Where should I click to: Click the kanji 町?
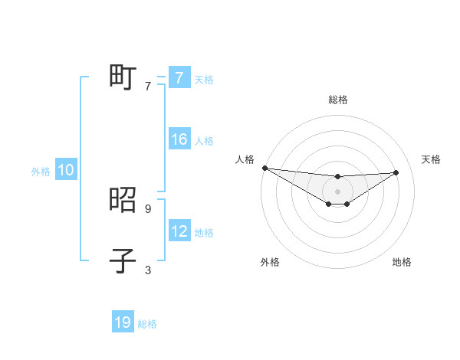tap(123, 77)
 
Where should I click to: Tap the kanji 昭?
tap(123, 200)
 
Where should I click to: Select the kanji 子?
tap(123, 260)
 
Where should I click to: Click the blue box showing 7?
tap(179, 78)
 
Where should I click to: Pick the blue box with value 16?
tap(179, 139)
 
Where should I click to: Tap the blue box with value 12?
tap(179, 231)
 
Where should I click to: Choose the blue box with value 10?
tap(65, 170)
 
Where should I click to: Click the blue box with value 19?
tap(123, 322)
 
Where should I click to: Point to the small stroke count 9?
tap(147, 208)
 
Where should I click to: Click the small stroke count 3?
tap(147, 270)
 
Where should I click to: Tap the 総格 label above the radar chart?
tap(338, 100)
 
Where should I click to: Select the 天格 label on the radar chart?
tap(431, 159)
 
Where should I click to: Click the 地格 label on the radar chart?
tap(402, 262)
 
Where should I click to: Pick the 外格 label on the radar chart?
tap(270, 262)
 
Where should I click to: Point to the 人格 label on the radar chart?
tap(245, 159)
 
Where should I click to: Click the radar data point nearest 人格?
tap(264, 168)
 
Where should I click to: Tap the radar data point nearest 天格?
tap(396, 172)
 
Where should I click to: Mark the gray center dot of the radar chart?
tap(337, 191)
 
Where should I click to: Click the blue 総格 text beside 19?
tap(147, 324)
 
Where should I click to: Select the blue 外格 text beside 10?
tap(41, 172)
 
